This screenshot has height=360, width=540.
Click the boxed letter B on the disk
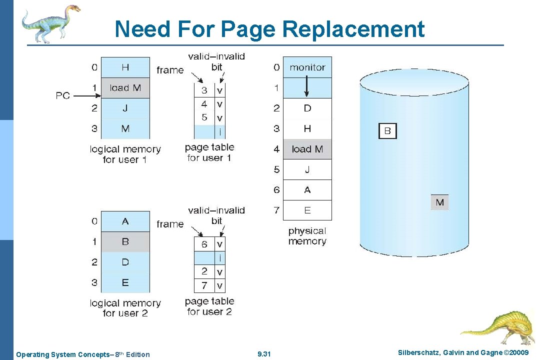(x=387, y=131)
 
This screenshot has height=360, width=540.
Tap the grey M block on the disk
(x=439, y=202)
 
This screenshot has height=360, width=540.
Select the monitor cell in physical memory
(x=307, y=67)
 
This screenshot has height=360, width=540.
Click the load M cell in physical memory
(x=307, y=149)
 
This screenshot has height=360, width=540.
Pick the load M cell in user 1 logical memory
(x=125, y=88)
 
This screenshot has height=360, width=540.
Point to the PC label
(x=63, y=95)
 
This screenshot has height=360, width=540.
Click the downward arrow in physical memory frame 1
(x=307, y=89)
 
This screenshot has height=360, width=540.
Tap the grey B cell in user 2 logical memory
(x=125, y=241)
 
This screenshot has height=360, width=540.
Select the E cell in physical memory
(x=307, y=210)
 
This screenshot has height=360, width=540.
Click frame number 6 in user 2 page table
(x=204, y=244)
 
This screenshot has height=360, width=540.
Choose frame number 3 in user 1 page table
(x=204, y=90)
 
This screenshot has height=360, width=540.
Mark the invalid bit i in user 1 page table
(x=219, y=132)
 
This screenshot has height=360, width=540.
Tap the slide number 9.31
(x=263, y=354)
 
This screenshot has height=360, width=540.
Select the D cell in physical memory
(x=307, y=108)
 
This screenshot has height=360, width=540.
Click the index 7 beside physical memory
(x=276, y=210)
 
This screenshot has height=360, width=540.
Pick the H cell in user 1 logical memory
(x=125, y=67)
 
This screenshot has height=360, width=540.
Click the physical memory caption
(x=307, y=236)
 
